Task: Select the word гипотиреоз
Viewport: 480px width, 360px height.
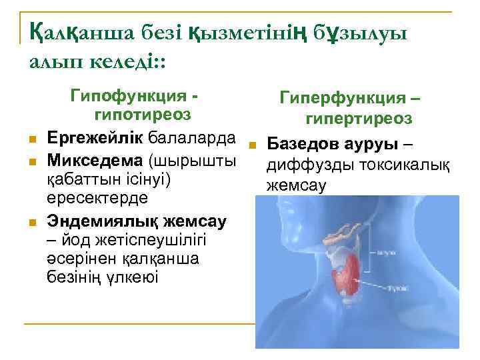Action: [143, 115]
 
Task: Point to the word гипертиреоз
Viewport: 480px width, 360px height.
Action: [359, 119]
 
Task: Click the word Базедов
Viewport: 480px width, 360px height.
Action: [301, 145]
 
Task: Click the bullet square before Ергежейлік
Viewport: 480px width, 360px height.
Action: [32, 139]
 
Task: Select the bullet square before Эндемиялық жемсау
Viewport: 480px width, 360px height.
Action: [32, 221]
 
